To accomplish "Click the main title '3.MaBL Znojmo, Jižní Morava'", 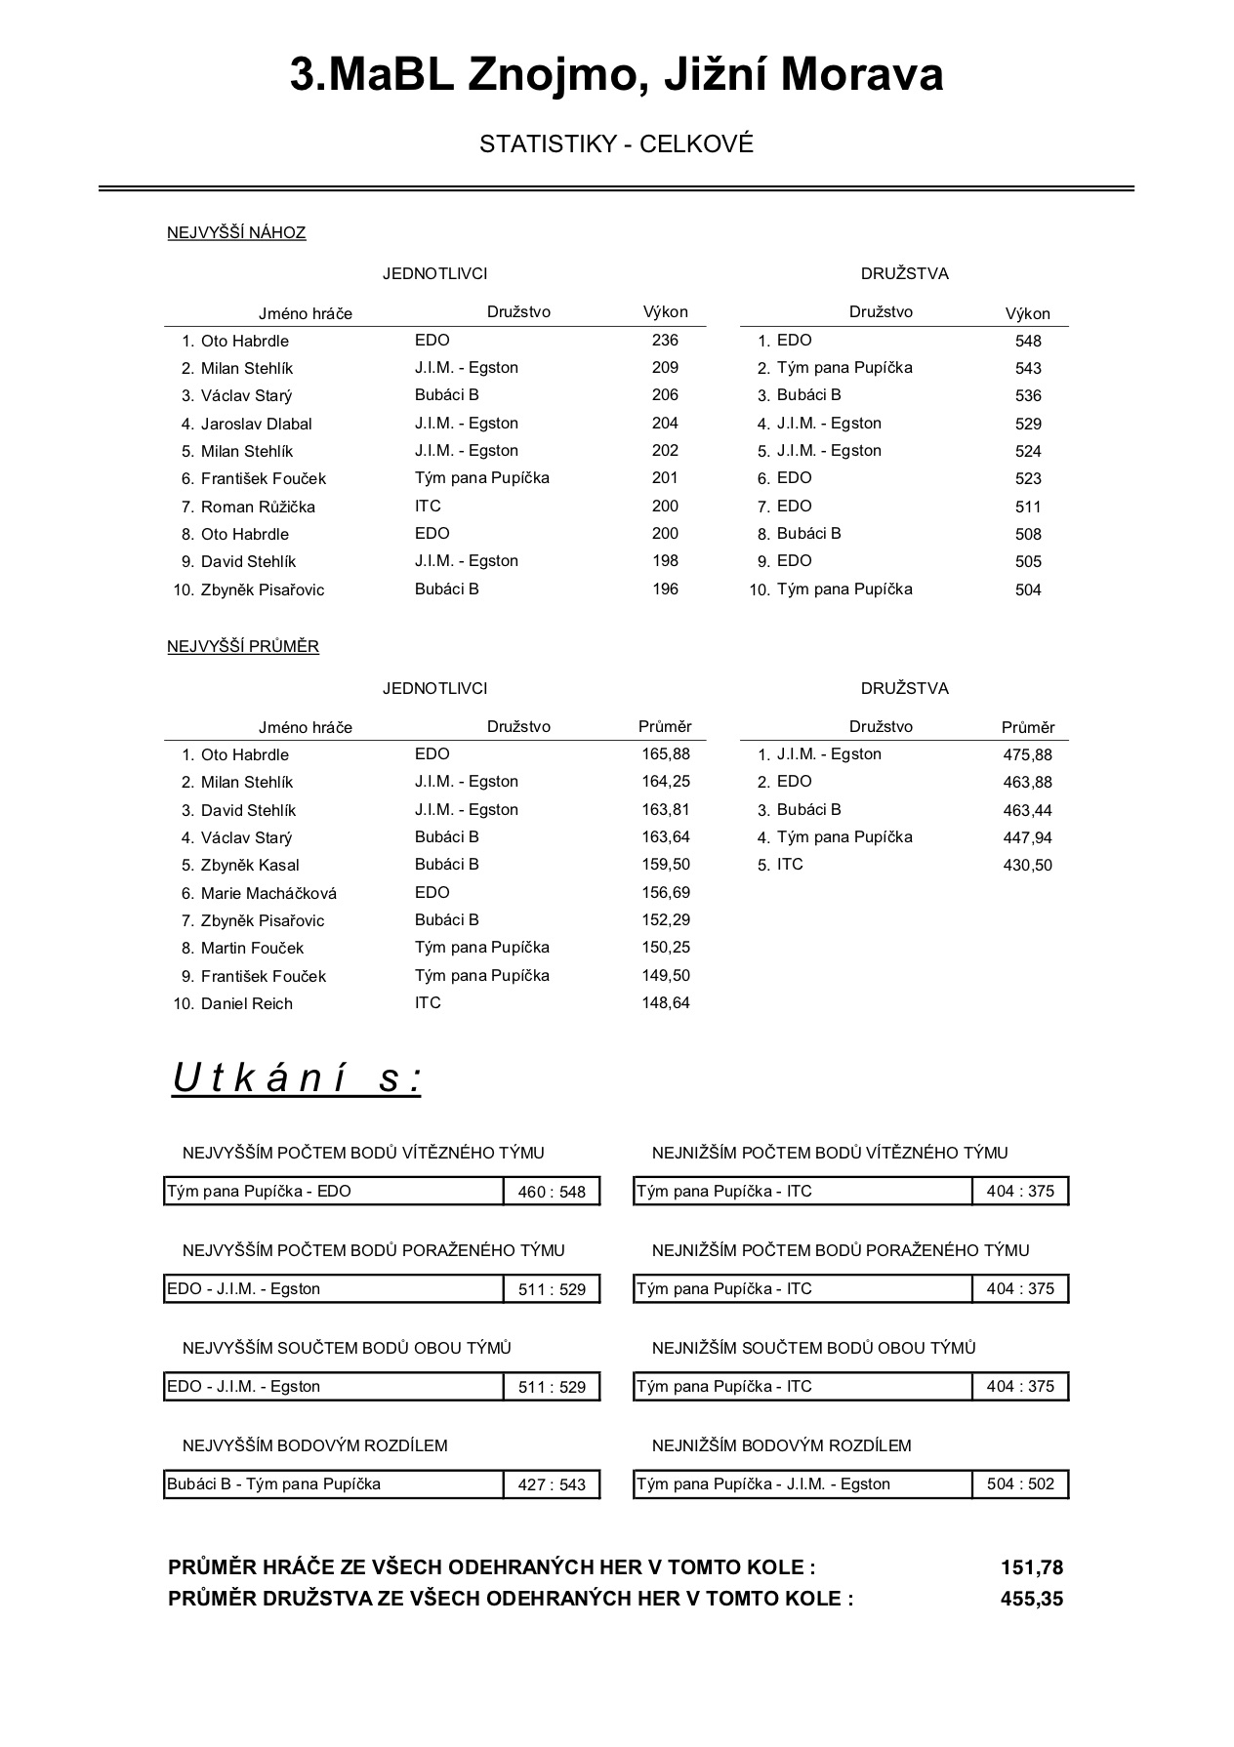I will point(616,75).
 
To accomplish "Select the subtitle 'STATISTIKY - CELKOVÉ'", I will point(616,144).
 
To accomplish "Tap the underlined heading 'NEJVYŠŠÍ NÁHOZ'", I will point(236,232).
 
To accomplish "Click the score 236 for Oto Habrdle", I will point(665,341).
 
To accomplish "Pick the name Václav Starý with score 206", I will point(246,396).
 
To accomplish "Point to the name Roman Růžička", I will point(258,507).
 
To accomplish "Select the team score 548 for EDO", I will point(1028,342).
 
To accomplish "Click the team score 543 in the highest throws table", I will point(1028,369).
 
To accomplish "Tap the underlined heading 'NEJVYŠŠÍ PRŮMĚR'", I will point(243,646).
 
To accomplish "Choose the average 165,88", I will point(666,754).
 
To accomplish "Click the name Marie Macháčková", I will point(268,893).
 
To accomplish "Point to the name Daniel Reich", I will point(246,1003).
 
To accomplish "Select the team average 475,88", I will point(1027,754).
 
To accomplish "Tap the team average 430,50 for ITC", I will point(1027,865).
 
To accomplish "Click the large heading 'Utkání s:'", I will point(297,1078).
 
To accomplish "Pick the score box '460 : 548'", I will point(552,1192).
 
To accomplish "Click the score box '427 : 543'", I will point(552,1484).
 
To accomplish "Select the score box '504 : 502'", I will point(1020,1484).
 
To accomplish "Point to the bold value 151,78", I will point(1031,1568).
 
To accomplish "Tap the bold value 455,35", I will point(1031,1600).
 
